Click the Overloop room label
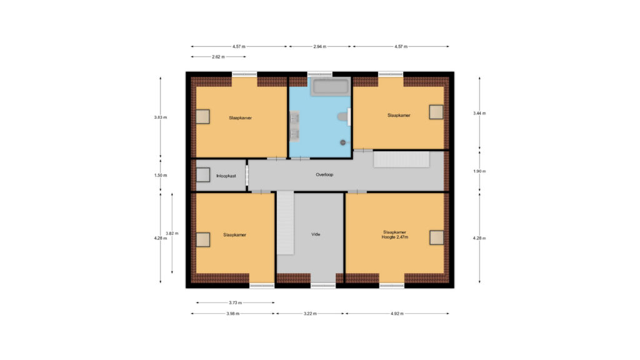click(324, 175)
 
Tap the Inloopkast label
click(226, 176)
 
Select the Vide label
click(316, 234)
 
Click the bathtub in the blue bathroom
click(330, 86)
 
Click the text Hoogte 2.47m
click(395, 237)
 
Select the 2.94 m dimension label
click(319, 46)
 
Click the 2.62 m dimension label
click(218, 57)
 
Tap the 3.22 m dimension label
click(310, 314)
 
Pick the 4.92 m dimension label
click(397, 314)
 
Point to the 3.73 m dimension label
click(235, 303)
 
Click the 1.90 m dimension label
click(479, 171)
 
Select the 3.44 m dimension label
click(479, 114)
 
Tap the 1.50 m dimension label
click(161, 176)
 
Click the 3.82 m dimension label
click(172, 234)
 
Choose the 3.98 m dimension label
click(232, 314)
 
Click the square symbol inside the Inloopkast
click(203, 175)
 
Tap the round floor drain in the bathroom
click(343, 142)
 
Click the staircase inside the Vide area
click(285, 223)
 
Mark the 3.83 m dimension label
click(161, 117)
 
